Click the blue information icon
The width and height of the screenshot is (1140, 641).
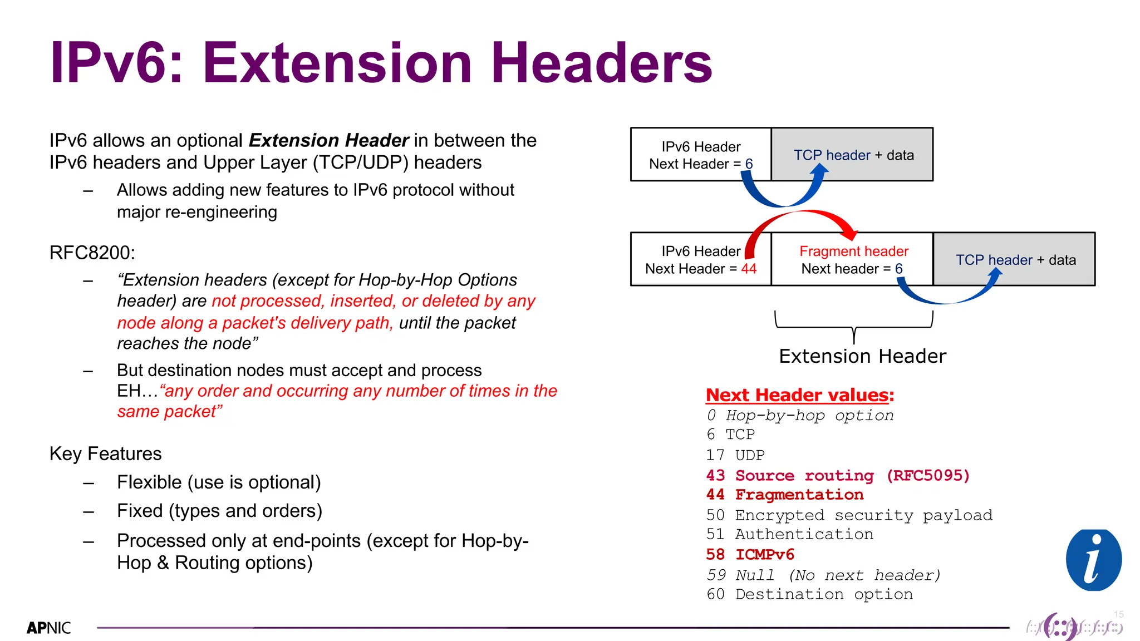(1093, 560)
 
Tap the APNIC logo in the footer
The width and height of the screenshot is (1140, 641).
(48, 628)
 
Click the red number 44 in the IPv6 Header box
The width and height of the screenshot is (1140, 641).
(749, 269)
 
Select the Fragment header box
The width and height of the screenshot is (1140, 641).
(852, 260)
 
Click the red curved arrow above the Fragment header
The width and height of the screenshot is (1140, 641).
(802, 214)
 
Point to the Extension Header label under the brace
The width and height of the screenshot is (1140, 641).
(862, 356)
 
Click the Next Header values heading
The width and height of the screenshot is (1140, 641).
(799, 395)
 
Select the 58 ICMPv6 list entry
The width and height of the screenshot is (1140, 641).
(750, 555)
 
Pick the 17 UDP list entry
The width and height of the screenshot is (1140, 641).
(735, 455)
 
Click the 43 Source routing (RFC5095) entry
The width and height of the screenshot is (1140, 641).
(837, 476)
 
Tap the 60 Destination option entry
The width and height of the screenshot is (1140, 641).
(809, 594)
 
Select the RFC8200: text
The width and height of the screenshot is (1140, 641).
(92, 253)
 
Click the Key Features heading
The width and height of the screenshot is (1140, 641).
(105, 453)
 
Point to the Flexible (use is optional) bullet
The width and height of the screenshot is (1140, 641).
(219, 482)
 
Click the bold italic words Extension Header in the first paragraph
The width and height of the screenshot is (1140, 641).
(328, 140)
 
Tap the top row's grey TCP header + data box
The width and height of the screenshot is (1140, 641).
(853, 155)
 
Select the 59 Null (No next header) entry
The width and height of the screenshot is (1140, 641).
(823, 575)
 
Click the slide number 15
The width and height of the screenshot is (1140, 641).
(1118, 614)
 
